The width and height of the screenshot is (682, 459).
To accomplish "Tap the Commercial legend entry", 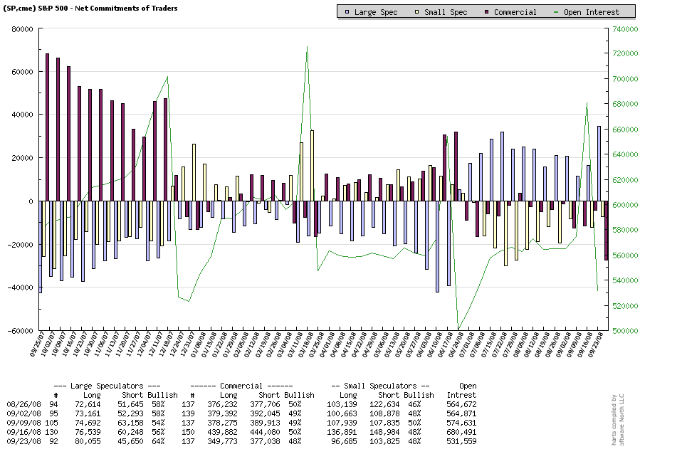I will pyautogui.click(x=511, y=11).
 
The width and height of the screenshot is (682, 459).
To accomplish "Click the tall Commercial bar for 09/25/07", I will pyautogui.click(x=47, y=127).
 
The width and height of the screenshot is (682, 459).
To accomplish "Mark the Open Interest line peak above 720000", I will pyautogui.click(x=307, y=47).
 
